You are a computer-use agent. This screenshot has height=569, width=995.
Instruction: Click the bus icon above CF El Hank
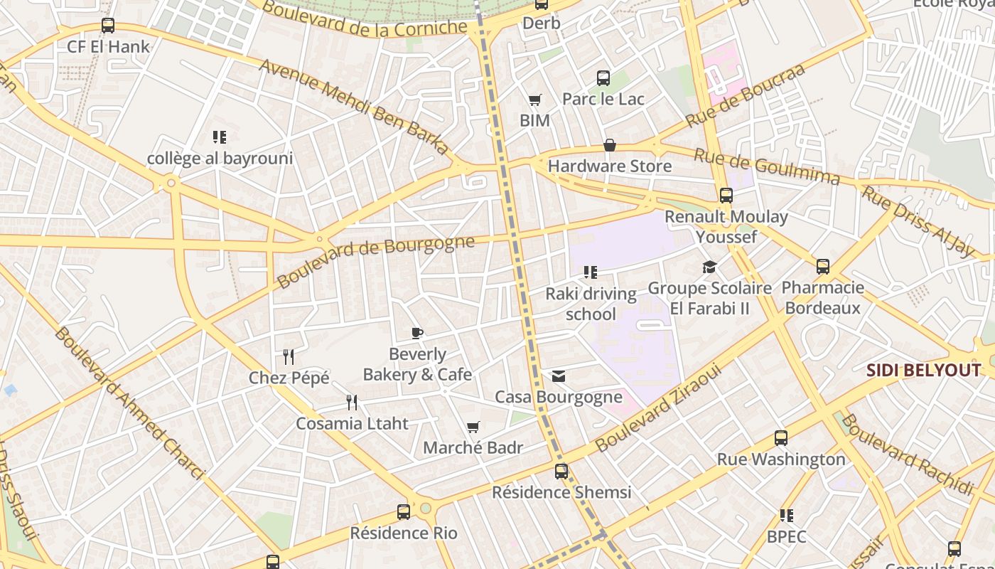point(108,26)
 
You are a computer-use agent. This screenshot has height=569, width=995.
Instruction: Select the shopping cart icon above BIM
point(534,100)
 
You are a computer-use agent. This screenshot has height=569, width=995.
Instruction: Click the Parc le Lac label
point(603,99)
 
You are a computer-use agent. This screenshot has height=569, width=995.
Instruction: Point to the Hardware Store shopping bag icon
point(609,146)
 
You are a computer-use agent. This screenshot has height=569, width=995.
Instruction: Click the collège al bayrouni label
point(220,158)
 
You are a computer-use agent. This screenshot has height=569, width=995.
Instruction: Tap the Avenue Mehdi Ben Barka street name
point(355,107)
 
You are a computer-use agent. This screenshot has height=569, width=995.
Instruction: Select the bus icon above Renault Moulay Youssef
point(726,196)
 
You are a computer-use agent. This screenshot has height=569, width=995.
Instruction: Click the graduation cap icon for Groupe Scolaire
point(709,267)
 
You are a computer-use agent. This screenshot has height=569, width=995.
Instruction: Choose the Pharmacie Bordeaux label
point(822,298)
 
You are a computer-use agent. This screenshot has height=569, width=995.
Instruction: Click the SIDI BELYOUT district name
point(924,370)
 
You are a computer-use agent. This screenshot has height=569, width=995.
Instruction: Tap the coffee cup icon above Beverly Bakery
point(417,333)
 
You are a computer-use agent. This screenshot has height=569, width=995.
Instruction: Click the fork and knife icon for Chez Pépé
point(289,356)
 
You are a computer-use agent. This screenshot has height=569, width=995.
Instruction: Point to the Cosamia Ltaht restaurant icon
point(352,403)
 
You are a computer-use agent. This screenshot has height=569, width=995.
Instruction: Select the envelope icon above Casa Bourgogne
point(559,376)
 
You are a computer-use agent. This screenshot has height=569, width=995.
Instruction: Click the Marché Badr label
point(473,448)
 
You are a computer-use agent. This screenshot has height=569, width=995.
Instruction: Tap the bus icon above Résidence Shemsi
point(561,471)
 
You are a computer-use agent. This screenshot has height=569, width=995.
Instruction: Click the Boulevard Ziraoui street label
point(658,408)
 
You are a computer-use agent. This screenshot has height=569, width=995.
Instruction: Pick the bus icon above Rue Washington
point(781,438)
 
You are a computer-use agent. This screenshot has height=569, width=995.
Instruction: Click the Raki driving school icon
point(590,272)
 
